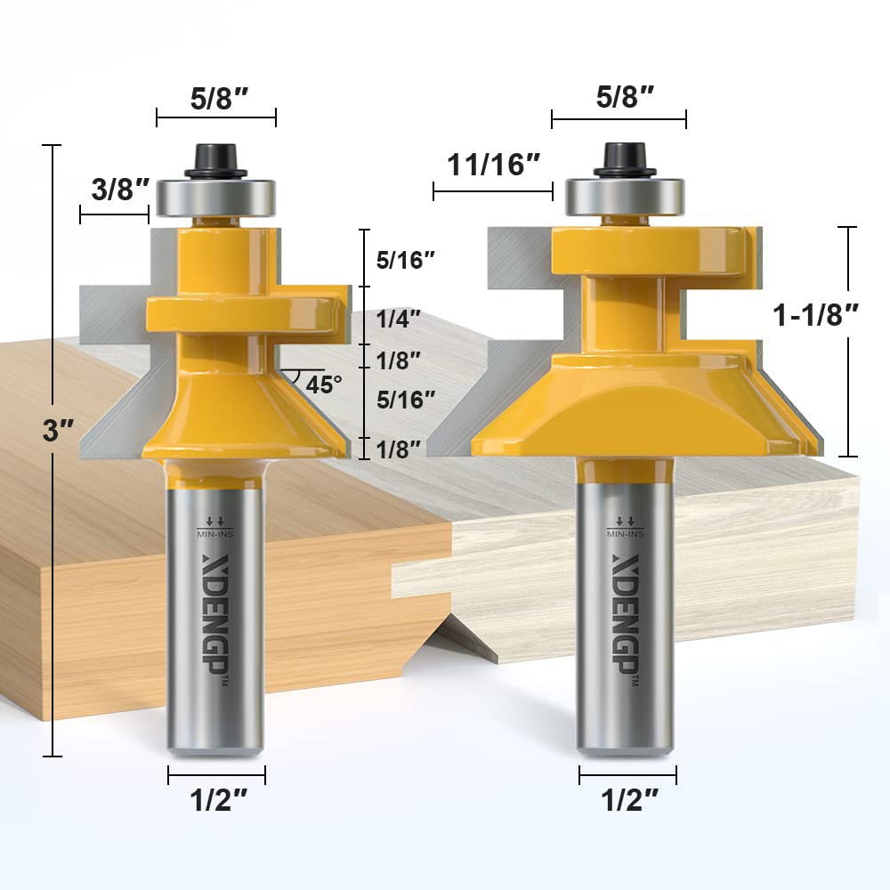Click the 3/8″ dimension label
pyautogui.click(x=114, y=189)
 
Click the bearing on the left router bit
pyautogui.click(x=216, y=197)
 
